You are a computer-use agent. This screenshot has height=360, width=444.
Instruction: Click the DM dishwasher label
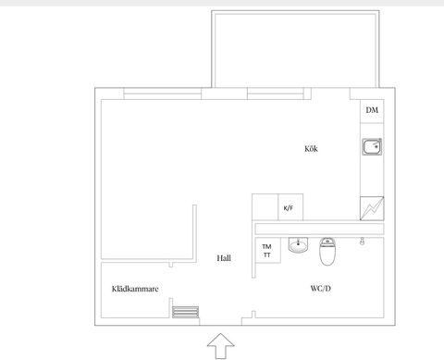click(x=372, y=111)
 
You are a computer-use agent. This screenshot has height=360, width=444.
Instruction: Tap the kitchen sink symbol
click(x=372, y=147)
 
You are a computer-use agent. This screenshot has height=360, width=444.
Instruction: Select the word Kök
click(x=311, y=148)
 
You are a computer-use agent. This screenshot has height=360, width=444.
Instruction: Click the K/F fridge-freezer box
click(x=289, y=207)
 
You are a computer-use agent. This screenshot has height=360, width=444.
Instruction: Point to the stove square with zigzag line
click(x=373, y=209)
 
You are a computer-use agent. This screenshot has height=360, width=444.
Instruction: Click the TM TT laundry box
click(x=266, y=251)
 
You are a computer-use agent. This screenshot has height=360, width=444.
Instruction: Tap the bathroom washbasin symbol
click(x=298, y=245)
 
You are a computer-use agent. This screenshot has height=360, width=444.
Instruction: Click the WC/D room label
click(x=322, y=288)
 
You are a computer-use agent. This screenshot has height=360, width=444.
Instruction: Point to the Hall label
click(x=224, y=259)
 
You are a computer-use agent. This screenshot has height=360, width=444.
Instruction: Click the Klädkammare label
click(x=135, y=289)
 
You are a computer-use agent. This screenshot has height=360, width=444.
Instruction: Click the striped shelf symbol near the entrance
click(x=186, y=311)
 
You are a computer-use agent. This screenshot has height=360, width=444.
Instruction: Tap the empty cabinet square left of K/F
click(x=265, y=207)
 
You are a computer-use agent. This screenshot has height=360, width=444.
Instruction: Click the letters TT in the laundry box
click(x=266, y=255)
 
